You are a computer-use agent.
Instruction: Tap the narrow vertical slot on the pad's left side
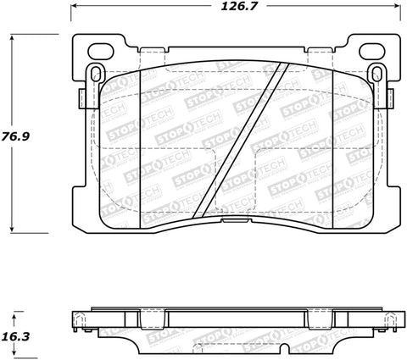(x=93, y=76)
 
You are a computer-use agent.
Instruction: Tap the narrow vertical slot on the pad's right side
(x=374, y=76)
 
